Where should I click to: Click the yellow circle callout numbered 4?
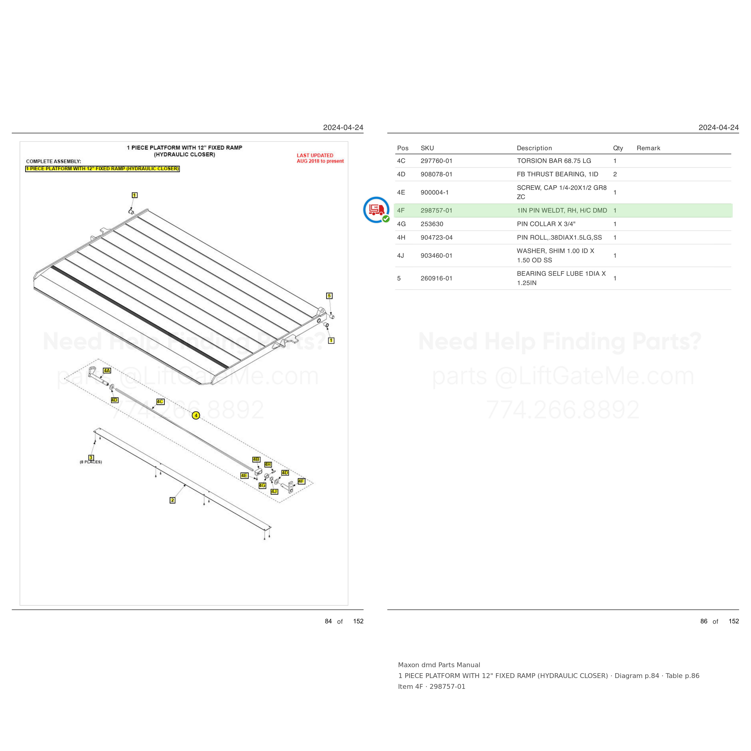(x=196, y=415)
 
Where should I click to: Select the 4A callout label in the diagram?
(x=107, y=370)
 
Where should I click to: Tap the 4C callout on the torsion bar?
(x=160, y=402)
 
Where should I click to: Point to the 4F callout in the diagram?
(x=301, y=481)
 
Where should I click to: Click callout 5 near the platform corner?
(x=329, y=296)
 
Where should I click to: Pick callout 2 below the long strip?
(x=173, y=500)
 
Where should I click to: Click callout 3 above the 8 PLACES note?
(x=91, y=458)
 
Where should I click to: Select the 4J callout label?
(x=274, y=492)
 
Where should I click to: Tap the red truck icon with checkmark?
(x=376, y=210)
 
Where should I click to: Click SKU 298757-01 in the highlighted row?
(x=436, y=211)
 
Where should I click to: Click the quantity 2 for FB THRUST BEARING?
(x=615, y=175)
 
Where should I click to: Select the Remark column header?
(x=648, y=148)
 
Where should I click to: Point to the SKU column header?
(x=427, y=148)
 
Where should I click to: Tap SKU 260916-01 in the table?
(x=436, y=278)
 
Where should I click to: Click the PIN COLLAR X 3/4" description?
(x=546, y=224)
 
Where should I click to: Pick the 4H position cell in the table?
(x=401, y=238)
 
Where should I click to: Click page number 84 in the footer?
(x=328, y=621)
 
